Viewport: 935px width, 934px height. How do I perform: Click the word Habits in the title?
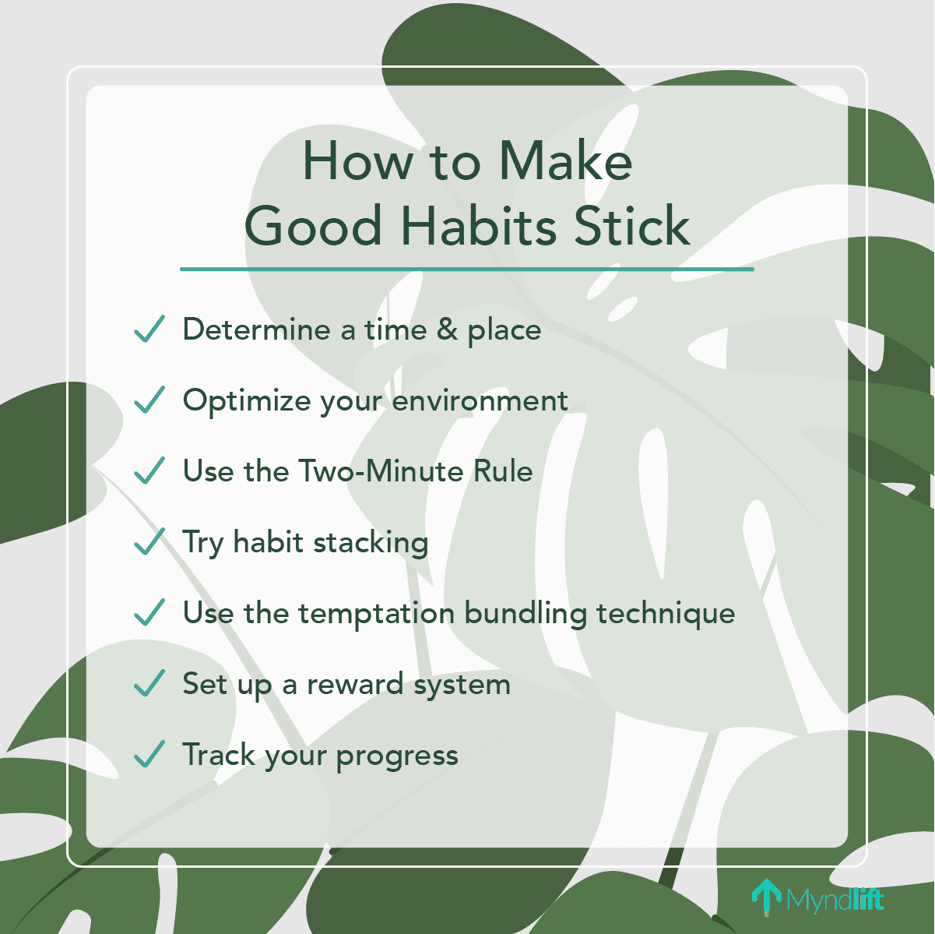(480, 227)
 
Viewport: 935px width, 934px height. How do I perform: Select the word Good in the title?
(313, 227)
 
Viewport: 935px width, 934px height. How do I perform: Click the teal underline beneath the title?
(467, 270)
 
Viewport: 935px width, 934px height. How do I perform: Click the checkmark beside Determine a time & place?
(149, 330)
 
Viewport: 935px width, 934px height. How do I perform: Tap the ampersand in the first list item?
(447, 330)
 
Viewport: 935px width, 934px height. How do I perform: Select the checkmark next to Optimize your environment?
(149, 400)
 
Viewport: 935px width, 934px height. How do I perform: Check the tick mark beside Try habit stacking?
(149, 542)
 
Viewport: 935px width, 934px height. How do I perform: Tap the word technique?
(666, 614)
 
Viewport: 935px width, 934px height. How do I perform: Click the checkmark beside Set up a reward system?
(149, 684)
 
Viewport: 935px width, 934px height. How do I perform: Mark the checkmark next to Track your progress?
(149, 755)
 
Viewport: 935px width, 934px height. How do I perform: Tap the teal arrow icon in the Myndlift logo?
(766, 896)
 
